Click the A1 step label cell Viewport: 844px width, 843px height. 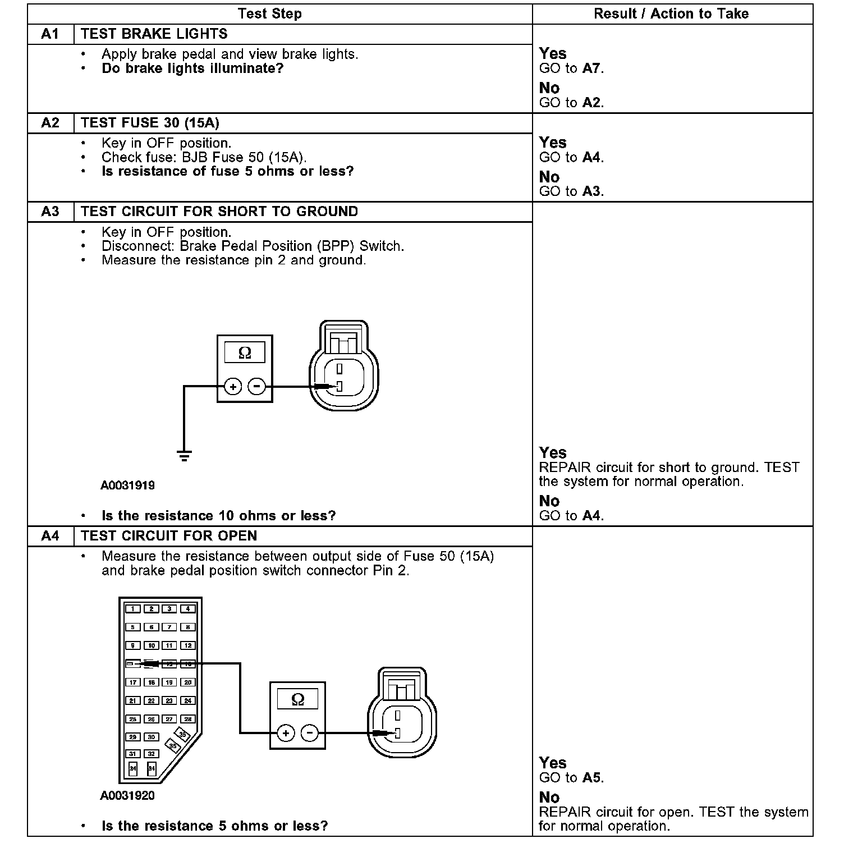(51, 34)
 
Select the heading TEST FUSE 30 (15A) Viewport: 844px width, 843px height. (150, 123)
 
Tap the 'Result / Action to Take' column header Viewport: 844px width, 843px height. (671, 14)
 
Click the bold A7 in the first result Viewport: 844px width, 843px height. (591, 68)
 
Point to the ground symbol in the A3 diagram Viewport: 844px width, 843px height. (184, 455)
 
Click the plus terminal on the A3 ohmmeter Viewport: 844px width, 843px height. (233, 387)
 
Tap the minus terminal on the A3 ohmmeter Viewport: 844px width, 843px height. (257, 387)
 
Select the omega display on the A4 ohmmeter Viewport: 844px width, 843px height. (298, 699)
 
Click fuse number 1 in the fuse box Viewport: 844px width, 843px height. (133, 609)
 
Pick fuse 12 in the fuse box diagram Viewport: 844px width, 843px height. (188, 645)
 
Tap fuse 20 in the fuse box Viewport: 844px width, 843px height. (188, 682)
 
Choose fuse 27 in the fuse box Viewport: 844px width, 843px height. (169, 719)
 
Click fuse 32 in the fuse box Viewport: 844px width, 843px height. (151, 754)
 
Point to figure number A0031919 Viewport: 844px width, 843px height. (127, 485)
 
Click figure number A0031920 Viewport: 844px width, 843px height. (127, 796)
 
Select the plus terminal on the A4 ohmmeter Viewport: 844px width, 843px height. (286, 733)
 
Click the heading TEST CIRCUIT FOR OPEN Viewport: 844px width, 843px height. (169, 536)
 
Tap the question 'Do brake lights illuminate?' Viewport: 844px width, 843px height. (192, 68)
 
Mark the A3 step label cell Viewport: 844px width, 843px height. (51, 212)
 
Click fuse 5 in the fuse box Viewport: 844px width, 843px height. (133, 627)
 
